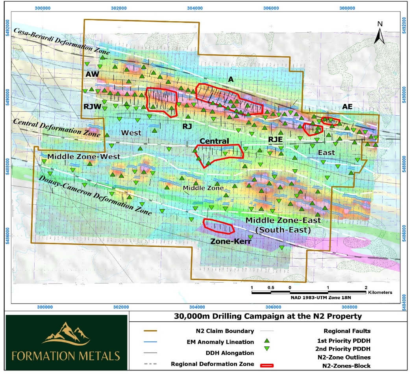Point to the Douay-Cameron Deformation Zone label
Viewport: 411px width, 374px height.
(95, 194)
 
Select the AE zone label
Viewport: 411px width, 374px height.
(347, 107)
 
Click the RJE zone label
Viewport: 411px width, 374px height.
(276, 139)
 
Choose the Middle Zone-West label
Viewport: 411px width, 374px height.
(83, 157)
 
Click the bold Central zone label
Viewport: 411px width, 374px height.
(214, 141)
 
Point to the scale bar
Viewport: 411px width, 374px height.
(309, 293)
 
